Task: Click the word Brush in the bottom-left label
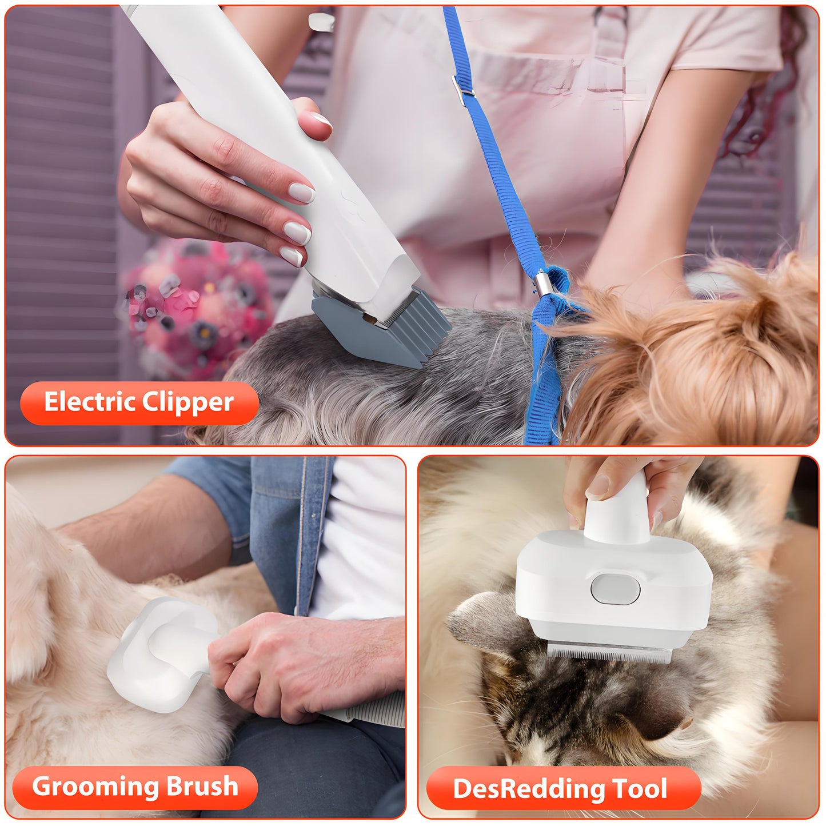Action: (x=202, y=787)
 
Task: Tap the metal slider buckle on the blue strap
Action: (x=462, y=86)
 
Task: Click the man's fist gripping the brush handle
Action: (x=269, y=669)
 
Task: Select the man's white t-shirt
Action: (x=360, y=543)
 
